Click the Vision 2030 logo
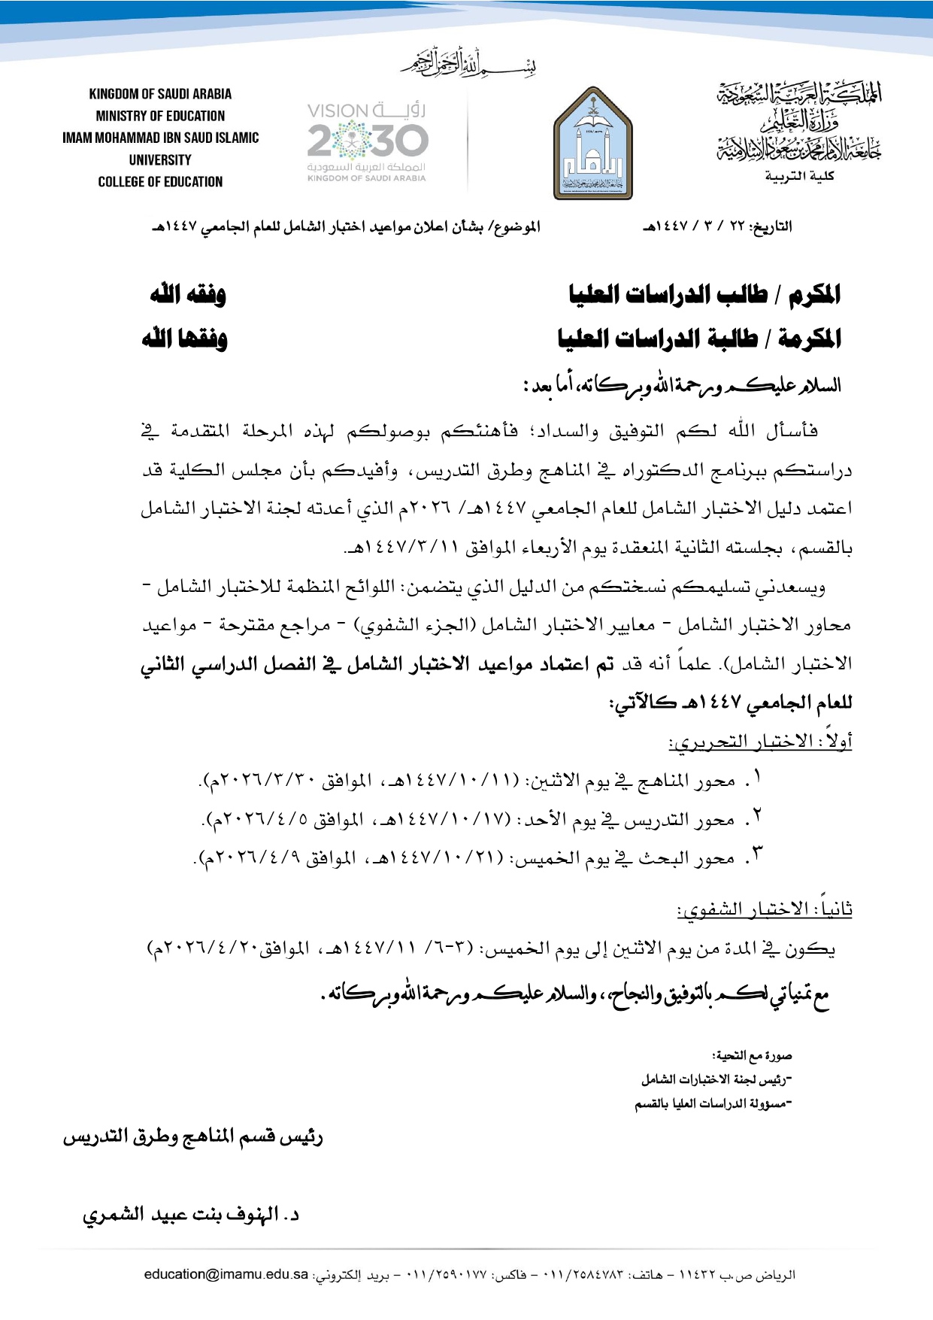coord(367,142)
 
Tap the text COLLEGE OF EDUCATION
coord(160,182)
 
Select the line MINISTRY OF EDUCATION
coord(160,116)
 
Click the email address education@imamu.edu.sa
coord(226,1274)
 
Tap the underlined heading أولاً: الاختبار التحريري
coord(760,742)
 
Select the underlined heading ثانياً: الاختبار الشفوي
coord(764,909)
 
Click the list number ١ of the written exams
coord(758,776)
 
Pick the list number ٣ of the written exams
coord(757,854)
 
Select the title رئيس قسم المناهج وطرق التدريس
coord(192,1136)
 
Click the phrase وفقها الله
coord(185,338)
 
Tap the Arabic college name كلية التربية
coord(800,176)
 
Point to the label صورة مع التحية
coord(752,1056)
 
